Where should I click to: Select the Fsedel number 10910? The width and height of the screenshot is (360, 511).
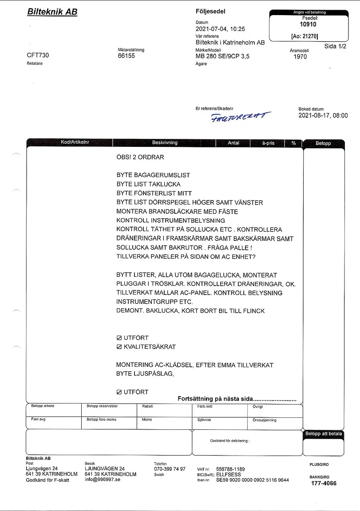308,25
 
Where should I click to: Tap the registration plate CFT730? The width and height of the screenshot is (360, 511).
38,55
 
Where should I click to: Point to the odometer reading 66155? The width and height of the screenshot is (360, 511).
127,56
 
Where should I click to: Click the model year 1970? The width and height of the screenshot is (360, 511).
301,57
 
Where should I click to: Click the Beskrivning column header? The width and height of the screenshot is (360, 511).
165,143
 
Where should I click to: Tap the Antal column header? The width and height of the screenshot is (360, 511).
233,143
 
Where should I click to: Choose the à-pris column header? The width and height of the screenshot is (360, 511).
269,143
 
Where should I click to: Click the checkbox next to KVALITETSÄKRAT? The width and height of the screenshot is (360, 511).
119,347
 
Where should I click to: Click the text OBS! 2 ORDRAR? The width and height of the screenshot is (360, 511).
140,157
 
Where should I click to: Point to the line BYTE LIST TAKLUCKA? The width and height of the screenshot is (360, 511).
149,184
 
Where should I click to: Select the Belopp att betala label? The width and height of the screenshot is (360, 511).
324,434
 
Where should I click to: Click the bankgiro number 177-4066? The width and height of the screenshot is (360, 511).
324,483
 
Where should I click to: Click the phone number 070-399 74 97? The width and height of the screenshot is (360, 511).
170,469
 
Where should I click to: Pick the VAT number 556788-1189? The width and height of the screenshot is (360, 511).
230,469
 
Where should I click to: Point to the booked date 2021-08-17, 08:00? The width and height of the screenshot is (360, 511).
323,116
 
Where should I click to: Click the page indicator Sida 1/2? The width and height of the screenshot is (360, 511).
336,46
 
